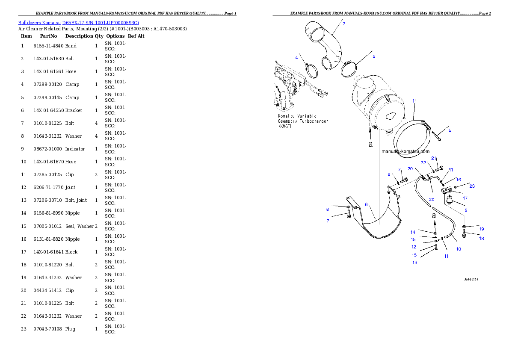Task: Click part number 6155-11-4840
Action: [x=48, y=46]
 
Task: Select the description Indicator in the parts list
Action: [x=75, y=149]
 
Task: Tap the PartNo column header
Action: [x=48, y=36]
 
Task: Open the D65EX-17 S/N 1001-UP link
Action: [x=101, y=23]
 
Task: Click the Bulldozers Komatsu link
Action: [x=39, y=23]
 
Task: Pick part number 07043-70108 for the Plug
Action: [x=47, y=329]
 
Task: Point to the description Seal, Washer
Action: [x=80, y=226]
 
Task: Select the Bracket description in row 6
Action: [x=74, y=110]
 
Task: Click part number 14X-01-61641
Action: [x=48, y=252]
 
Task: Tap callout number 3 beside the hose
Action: [x=344, y=24]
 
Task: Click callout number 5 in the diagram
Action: [x=374, y=56]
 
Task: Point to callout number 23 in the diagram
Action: [x=472, y=186]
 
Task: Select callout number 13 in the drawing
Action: [x=414, y=262]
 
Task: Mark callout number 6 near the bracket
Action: [x=366, y=204]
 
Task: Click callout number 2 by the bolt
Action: [x=450, y=130]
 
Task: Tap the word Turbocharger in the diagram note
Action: [x=314, y=121]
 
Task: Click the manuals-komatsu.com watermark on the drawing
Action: [x=405, y=151]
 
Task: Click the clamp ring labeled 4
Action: [x=312, y=71]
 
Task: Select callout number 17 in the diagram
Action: [x=465, y=198]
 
